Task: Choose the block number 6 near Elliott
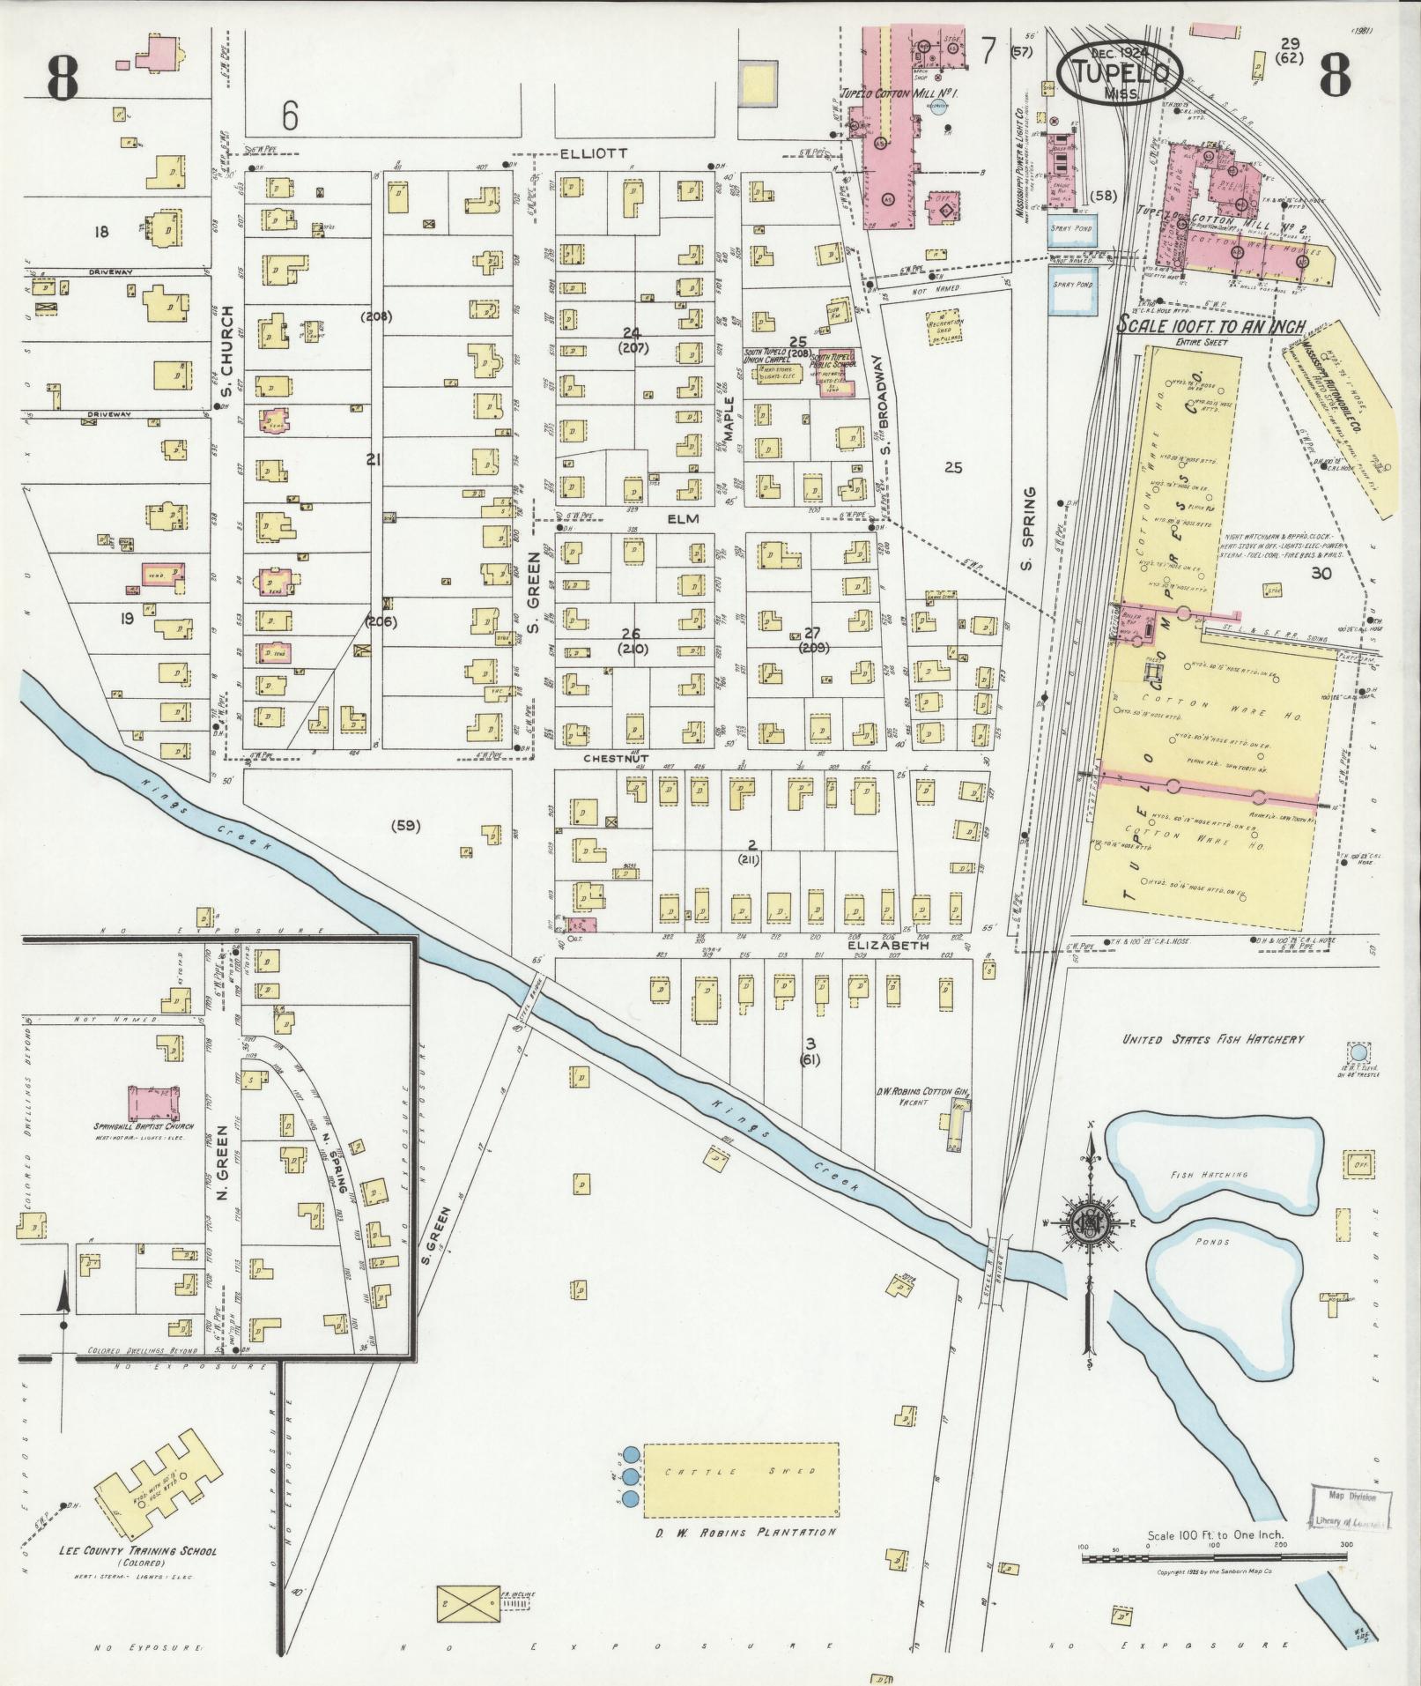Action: click(x=290, y=115)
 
